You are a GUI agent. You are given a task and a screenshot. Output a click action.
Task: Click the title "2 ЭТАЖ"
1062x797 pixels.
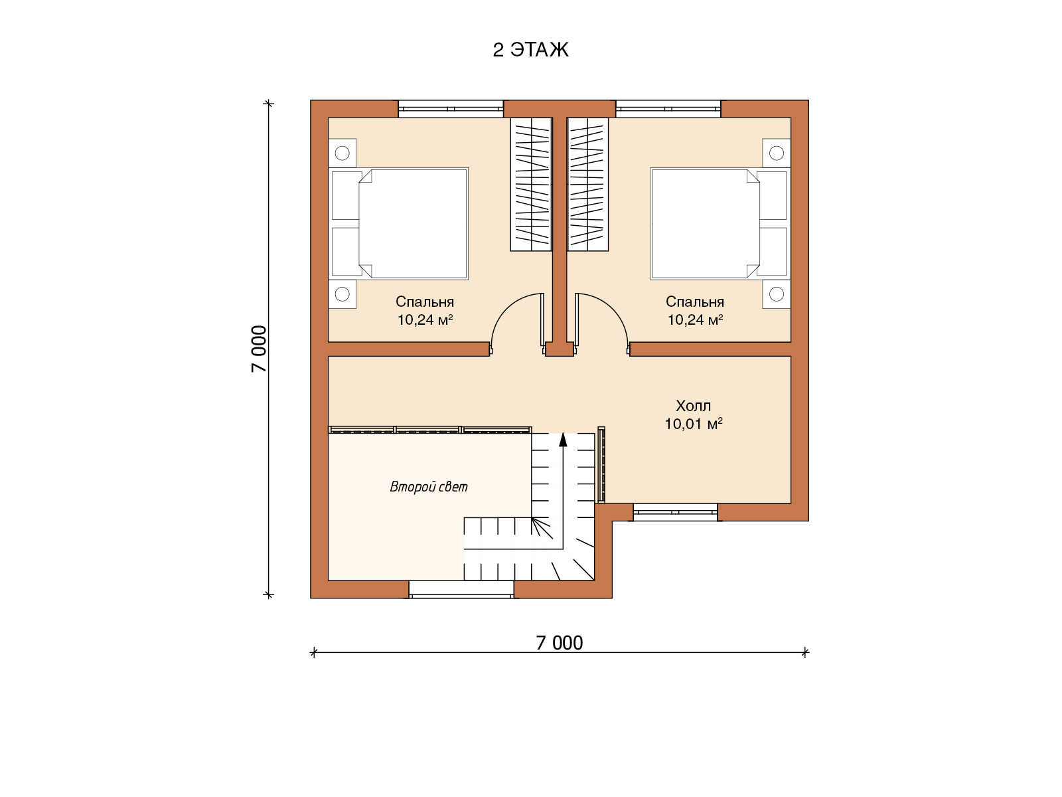coord(530,49)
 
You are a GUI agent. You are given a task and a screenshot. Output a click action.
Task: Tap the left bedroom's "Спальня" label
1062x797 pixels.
coord(424,302)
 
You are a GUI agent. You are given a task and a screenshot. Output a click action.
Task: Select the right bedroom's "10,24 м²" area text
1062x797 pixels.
coord(695,319)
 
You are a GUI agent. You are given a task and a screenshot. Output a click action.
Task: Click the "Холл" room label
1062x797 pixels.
coord(693,406)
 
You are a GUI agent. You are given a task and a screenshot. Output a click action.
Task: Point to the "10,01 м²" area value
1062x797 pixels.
coord(694,424)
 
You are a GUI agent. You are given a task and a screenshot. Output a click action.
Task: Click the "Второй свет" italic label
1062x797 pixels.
coord(429,486)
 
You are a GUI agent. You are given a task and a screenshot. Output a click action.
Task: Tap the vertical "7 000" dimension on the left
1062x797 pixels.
coord(260,349)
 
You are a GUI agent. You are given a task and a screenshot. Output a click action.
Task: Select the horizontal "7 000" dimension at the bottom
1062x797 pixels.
coord(560,643)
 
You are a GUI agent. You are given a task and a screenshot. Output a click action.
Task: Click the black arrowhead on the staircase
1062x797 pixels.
coord(563,439)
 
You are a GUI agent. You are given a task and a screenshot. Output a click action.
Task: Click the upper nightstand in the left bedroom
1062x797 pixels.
coord(342,153)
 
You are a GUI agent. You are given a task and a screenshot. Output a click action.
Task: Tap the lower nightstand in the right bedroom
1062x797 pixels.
coord(776,294)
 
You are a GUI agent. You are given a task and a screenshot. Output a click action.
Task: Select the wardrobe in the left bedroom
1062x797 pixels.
coord(531,185)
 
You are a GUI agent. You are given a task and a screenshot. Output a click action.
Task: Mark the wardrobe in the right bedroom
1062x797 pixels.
coord(587,185)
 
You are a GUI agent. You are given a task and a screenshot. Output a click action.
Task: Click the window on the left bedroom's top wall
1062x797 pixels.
coord(451,109)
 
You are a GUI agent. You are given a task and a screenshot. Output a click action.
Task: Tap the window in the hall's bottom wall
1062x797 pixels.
coord(675,512)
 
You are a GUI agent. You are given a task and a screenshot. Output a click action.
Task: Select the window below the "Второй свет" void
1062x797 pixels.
coord(461,589)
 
